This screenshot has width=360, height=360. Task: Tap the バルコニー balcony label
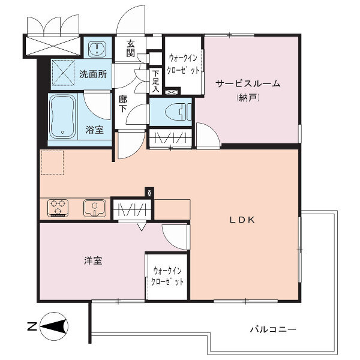click(273, 329)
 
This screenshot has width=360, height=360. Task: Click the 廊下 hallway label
click(122, 104)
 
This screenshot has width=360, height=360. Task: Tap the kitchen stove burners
click(58, 208)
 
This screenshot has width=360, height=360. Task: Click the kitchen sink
click(94, 208)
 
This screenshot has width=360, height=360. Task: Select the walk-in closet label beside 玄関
click(183, 64)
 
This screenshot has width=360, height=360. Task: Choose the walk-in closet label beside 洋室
click(167, 276)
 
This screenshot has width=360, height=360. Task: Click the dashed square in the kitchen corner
click(52, 162)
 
